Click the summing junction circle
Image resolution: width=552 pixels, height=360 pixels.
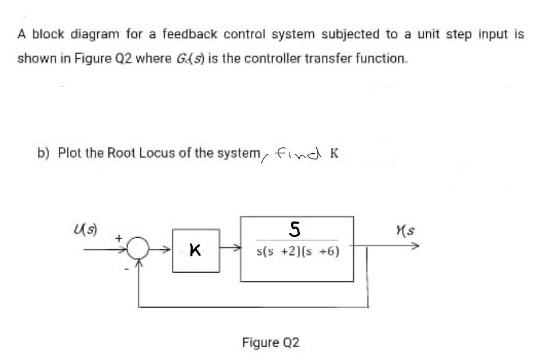click(x=137, y=252)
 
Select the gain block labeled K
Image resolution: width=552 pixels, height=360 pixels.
click(x=196, y=251)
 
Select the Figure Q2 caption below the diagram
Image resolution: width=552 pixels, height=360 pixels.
click(x=271, y=342)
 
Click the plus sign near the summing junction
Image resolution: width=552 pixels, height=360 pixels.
click(x=118, y=238)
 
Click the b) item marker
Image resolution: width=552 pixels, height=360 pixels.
click(x=42, y=153)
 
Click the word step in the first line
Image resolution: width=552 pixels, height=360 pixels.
click(x=458, y=34)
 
